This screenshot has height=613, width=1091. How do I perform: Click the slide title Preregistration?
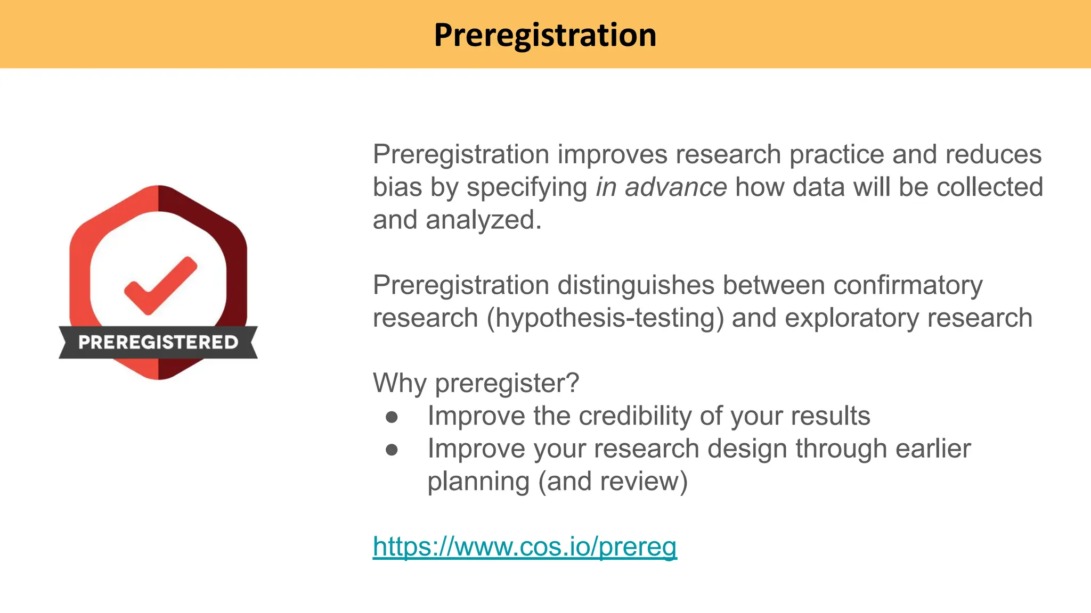(x=545, y=35)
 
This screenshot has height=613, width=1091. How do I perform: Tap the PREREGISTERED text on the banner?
(x=158, y=342)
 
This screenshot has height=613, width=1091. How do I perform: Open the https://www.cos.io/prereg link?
(x=525, y=546)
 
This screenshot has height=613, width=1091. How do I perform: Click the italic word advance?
(x=675, y=187)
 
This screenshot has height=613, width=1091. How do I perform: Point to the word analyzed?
(x=483, y=220)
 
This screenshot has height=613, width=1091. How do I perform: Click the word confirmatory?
(x=908, y=285)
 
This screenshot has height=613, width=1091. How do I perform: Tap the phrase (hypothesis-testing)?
(x=605, y=318)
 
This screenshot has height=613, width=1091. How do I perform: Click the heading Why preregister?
(x=476, y=383)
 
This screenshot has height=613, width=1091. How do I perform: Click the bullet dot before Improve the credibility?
(x=392, y=417)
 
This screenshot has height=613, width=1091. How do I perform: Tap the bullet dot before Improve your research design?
(x=392, y=450)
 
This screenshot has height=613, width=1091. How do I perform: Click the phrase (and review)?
(x=613, y=482)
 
